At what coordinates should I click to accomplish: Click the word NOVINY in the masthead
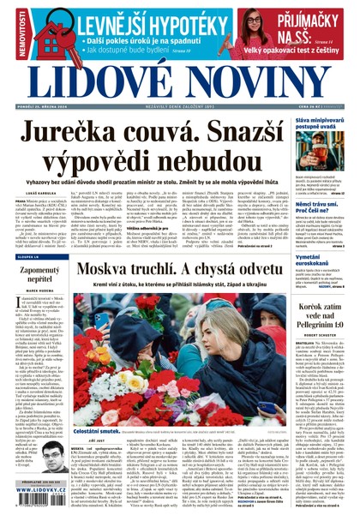coord(267,84)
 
